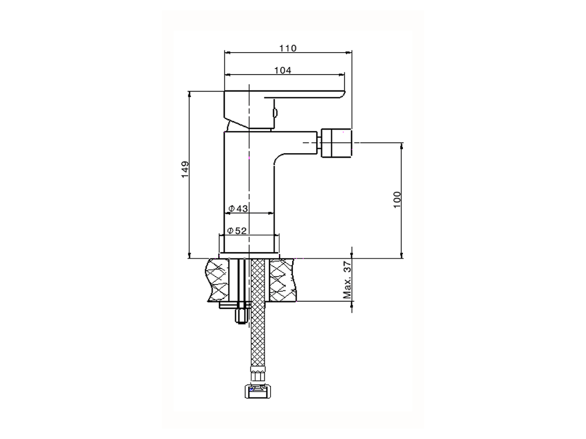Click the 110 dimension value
(x=288, y=48)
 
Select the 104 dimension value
(x=283, y=70)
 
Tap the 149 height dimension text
(x=185, y=170)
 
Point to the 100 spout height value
(x=397, y=200)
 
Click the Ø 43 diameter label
(x=238, y=209)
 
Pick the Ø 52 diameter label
(x=237, y=230)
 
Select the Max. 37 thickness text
(x=347, y=280)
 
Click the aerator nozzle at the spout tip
(x=336, y=143)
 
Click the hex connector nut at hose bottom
(x=258, y=391)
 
